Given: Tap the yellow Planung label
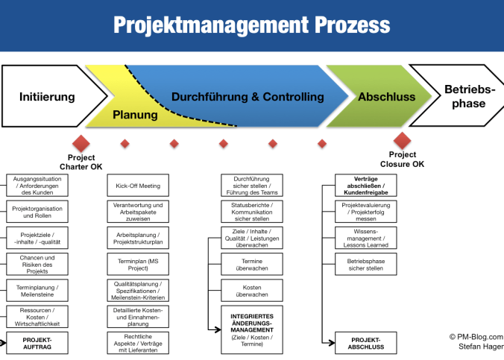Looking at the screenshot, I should [x=135, y=115].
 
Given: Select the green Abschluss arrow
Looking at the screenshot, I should [x=386, y=97].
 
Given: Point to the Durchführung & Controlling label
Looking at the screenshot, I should [x=248, y=96].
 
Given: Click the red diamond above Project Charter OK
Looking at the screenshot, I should [x=81, y=142].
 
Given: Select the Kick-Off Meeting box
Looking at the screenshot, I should [x=138, y=186].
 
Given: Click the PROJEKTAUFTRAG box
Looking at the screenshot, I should [x=37, y=343].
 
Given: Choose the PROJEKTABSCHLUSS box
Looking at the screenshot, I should [x=366, y=343].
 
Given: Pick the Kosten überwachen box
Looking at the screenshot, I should [x=252, y=290].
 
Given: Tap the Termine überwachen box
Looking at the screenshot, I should [x=252, y=264].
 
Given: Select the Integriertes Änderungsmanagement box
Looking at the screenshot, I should [x=252, y=328].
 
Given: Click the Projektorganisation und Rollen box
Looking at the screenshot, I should [x=37, y=211].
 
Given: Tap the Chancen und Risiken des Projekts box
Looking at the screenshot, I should [x=37, y=263].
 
